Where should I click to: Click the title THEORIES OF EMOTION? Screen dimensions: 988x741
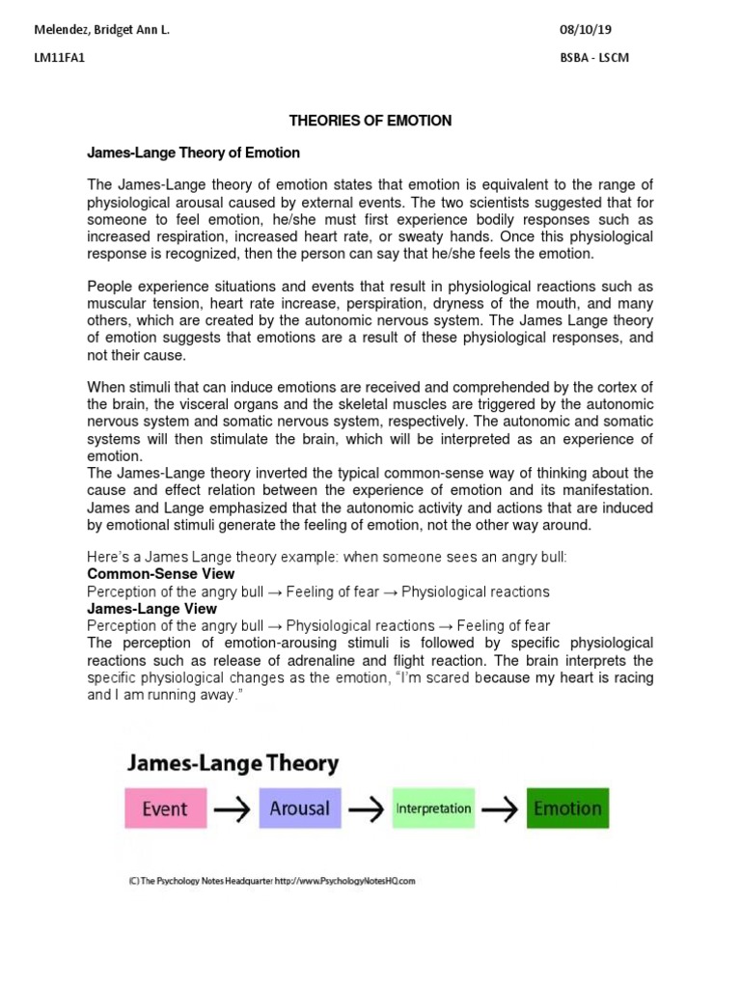[x=370, y=121]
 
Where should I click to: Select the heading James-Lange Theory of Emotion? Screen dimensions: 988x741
[x=193, y=152]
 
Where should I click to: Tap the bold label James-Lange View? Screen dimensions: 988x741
[x=151, y=609]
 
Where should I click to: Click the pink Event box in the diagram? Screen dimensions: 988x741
[x=165, y=809]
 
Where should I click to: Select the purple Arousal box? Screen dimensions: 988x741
[x=300, y=809]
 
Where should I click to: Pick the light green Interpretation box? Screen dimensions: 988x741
[x=434, y=809]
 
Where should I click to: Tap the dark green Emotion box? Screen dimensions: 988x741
[x=567, y=809]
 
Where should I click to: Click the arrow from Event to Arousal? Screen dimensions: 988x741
[x=232, y=810]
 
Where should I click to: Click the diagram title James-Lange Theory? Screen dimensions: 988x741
[x=232, y=764]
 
